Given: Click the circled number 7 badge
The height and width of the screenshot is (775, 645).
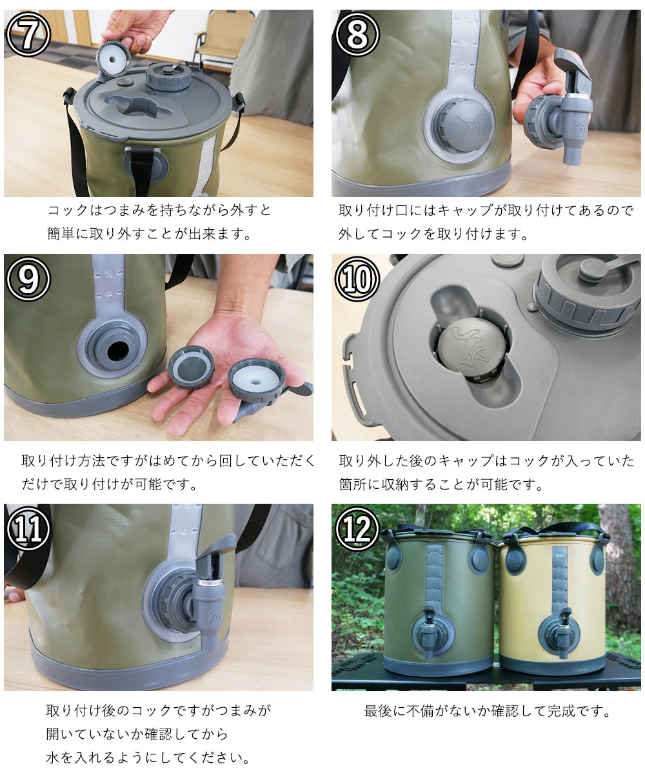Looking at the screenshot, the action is (x=28, y=34).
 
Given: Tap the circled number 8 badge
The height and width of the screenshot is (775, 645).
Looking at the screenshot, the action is (x=357, y=34).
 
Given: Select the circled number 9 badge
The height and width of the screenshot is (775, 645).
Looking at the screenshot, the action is (x=28, y=279).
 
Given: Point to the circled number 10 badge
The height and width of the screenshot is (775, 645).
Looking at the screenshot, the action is (x=357, y=279).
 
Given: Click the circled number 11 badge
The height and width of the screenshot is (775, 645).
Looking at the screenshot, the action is (x=28, y=528).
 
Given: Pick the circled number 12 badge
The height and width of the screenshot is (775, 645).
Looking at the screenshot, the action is (x=357, y=528).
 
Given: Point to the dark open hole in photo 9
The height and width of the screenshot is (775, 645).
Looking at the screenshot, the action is (x=118, y=351).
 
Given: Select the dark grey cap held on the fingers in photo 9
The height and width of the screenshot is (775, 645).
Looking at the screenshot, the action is (x=192, y=367).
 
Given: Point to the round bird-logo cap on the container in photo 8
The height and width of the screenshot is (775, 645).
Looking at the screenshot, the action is (x=465, y=125).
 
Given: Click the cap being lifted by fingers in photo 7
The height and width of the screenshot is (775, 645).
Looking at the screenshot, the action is (x=113, y=57).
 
